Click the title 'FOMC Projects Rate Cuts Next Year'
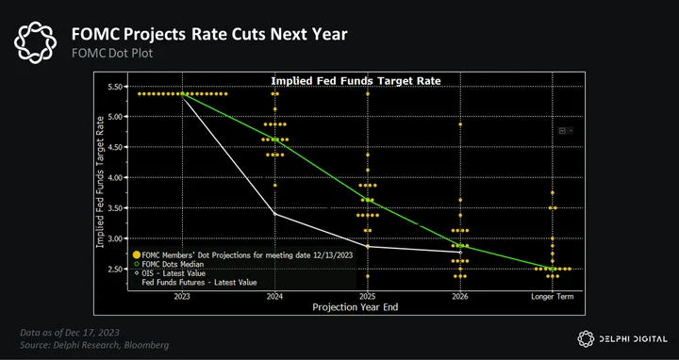[x=209, y=34]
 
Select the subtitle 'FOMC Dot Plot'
[x=112, y=54]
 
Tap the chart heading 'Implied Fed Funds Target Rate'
[x=356, y=81]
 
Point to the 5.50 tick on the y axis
[x=115, y=87]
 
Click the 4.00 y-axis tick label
[x=115, y=178]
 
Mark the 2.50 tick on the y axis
[x=115, y=270]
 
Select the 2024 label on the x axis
[x=275, y=297]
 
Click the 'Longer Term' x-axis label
[x=553, y=297]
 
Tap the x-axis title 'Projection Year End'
[x=356, y=307]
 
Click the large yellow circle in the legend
[x=137, y=255]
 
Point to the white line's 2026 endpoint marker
[x=460, y=252]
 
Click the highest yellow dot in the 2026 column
[x=460, y=124]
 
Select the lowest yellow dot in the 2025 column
[x=368, y=276]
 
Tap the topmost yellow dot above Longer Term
[x=552, y=192]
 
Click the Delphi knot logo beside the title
[x=35, y=42]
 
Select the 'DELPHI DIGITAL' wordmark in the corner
[x=633, y=339]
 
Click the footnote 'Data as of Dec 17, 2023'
[x=70, y=333]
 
